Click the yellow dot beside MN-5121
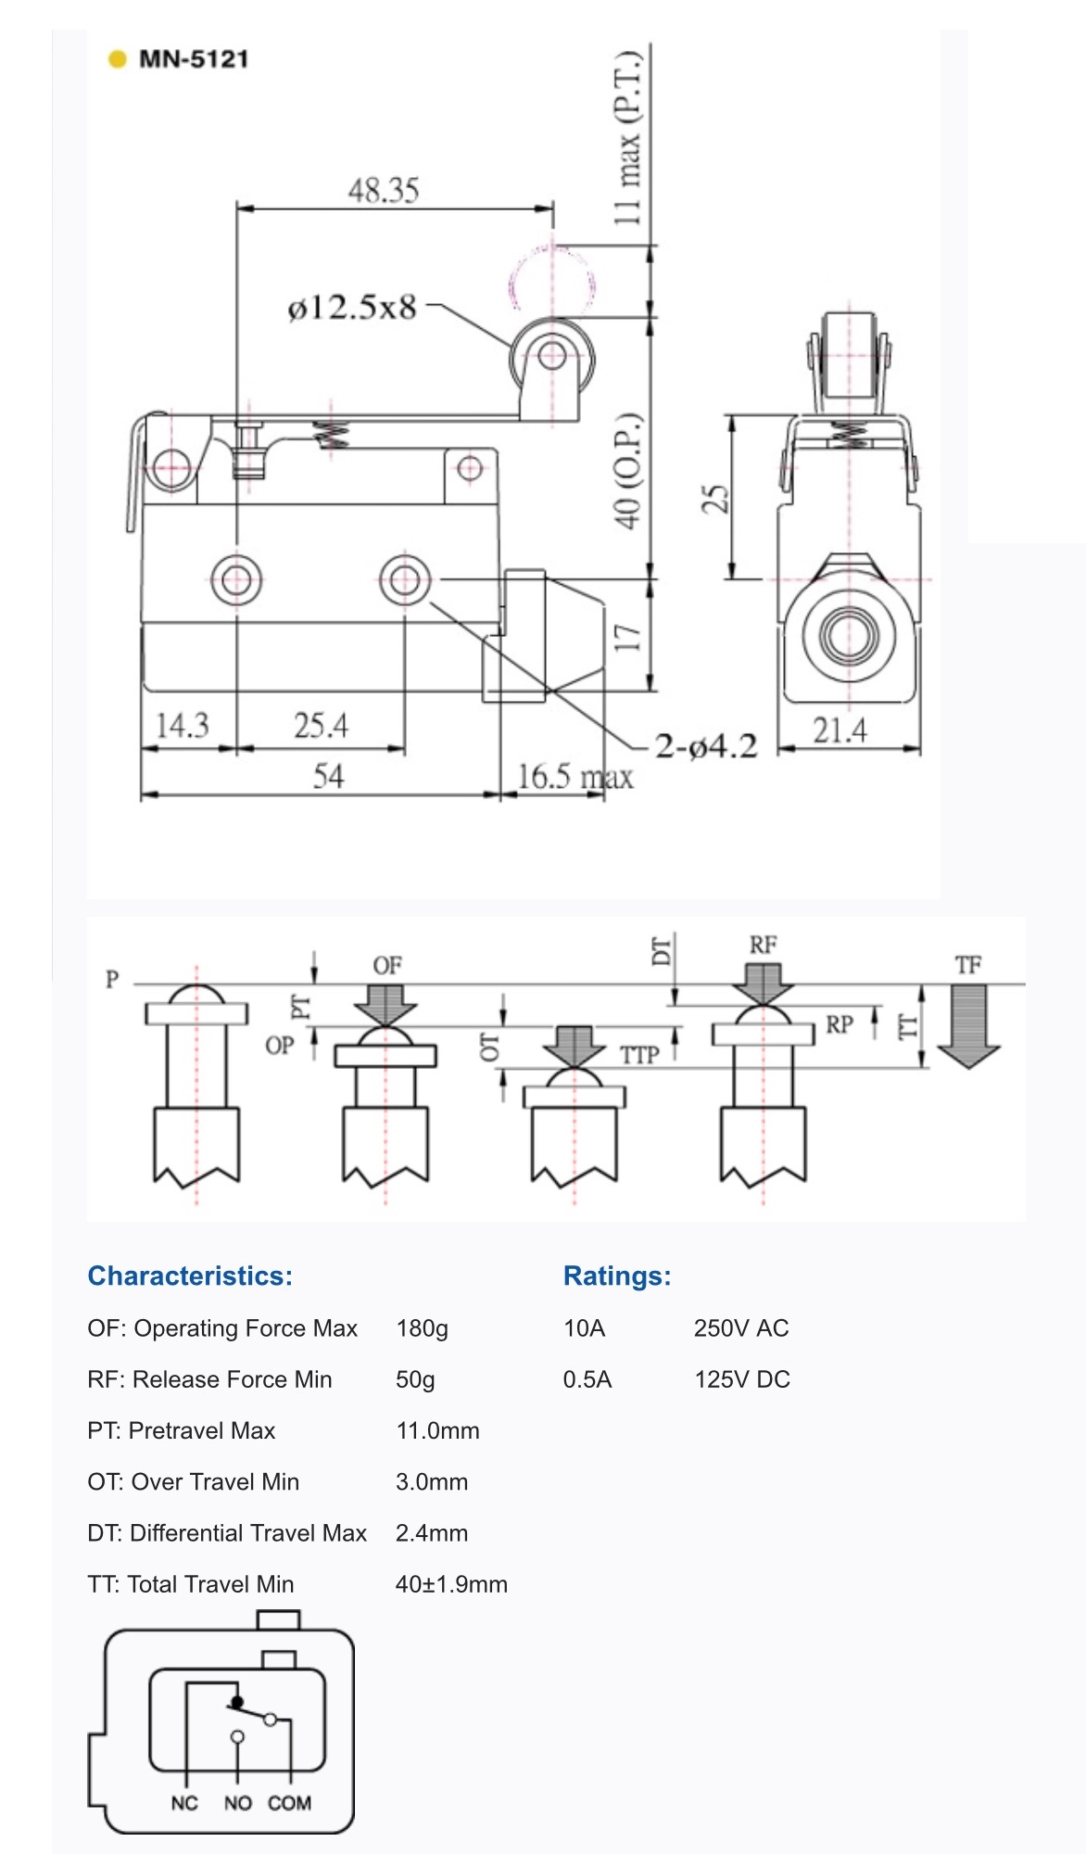pos(117,59)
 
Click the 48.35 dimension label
pos(384,191)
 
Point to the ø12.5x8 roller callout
pos(352,308)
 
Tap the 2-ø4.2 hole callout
pos(706,746)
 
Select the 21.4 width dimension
pos(840,730)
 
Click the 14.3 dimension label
pos(183,725)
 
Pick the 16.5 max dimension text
pos(575,777)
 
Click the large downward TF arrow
pos(968,1025)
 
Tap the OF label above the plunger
pos(387,966)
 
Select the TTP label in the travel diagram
pos(639,1055)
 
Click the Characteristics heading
pos(190,1276)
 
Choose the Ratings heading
pos(617,1276)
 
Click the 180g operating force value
pos(422,1328)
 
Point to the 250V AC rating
pos(741,1328)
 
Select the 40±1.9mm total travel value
pos(451,1584)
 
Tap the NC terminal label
pos(184,1803)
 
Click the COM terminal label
pos(289,1803)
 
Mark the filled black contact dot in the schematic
pos(236,1702)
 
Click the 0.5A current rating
pos(587,1379)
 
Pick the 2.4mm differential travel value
pos(432,1533)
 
